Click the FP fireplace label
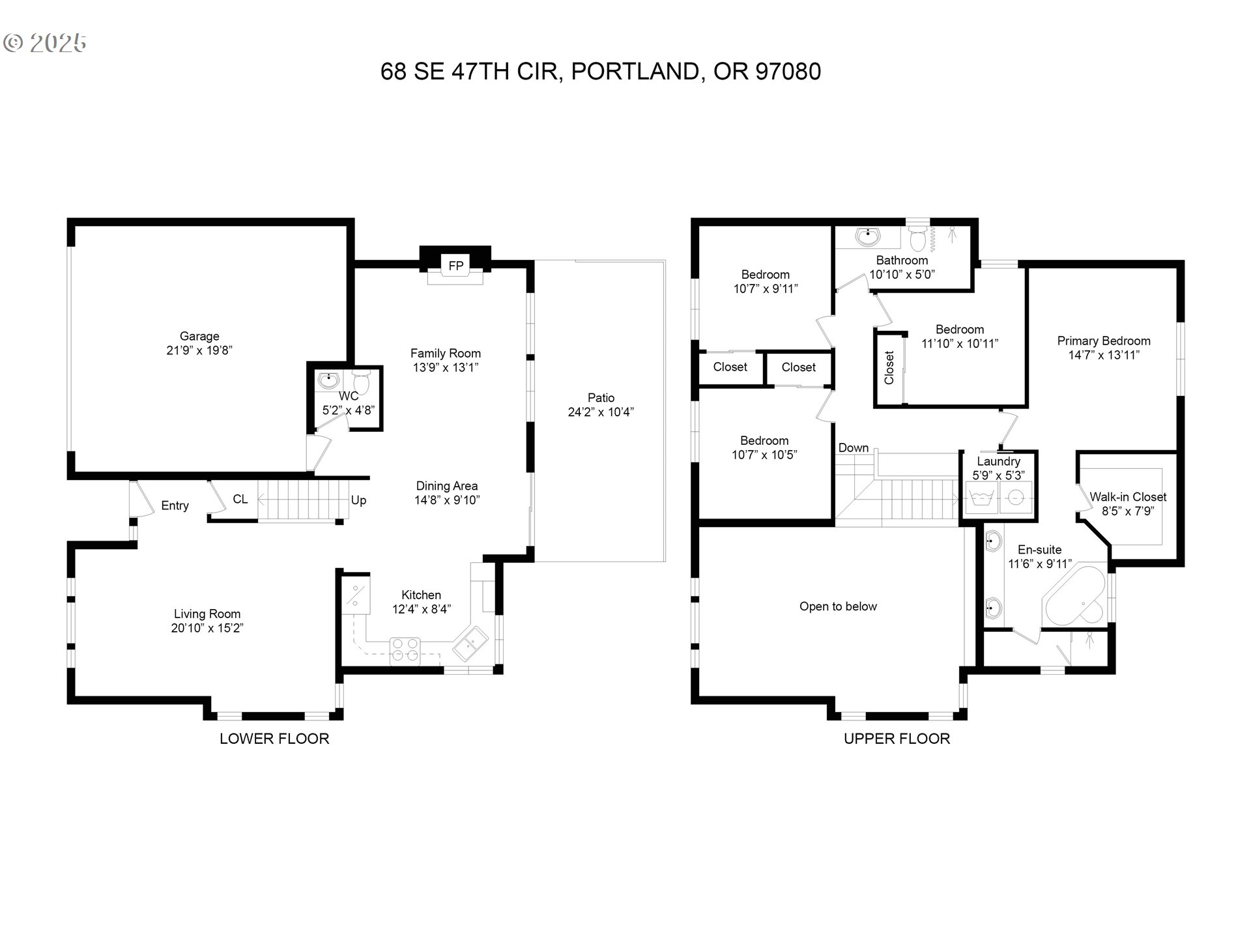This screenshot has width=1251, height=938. point(455,265)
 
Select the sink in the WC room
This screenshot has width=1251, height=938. point(328,379)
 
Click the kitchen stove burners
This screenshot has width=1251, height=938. point(405,650)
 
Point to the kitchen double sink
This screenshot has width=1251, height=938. point(470,642)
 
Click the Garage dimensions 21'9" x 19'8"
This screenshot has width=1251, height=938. point(199,350)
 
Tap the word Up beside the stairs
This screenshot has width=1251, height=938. point(358,500)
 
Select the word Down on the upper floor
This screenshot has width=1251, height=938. point(853,448)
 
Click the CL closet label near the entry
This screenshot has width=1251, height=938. point(240,499)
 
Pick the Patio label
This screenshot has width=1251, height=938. point(601,397)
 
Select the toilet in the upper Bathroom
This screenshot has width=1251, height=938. point(917,239)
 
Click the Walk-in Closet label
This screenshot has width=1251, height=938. point(1127,497)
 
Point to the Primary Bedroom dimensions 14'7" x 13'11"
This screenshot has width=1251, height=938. point(1103,355)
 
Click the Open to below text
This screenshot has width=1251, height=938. point(838,606)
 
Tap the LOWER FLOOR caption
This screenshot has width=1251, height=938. point(274,739)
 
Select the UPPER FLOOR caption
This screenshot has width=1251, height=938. point(897,739)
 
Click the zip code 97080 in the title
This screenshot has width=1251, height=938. point(788,71)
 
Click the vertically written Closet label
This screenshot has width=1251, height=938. point(889,368)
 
